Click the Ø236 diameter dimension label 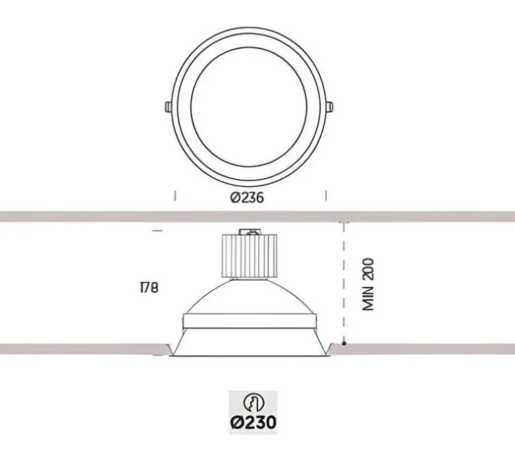[247, 197]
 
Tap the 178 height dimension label [148, 286]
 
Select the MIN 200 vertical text [368, 284]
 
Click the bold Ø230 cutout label [253, 421]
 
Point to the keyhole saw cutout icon [253, 403]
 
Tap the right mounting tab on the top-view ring [333, 107]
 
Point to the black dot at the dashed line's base [343, 343]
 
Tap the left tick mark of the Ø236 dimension [175, 196]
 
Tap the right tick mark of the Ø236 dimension [326, 196]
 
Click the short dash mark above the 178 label [157, 230]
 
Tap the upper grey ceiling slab [257, 216]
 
